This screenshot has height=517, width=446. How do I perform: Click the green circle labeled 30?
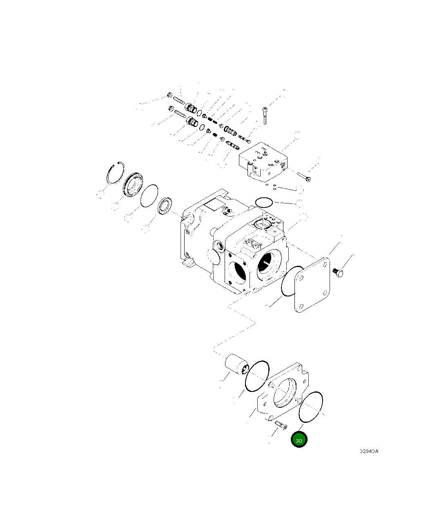[x=299, y=440]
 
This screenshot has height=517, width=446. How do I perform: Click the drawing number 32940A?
[x=369, y=451]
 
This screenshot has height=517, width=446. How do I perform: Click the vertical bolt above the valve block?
[x=265, y=115]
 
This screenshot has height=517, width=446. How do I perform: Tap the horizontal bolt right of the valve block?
[x=303, y=177]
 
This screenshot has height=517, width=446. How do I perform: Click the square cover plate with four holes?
[x=312, y=285]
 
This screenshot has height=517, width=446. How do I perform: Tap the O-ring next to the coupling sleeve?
[x=257, y=375]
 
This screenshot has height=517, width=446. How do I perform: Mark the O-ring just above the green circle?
[x=311, y=407]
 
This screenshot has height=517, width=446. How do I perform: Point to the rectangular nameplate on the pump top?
[x=215, y=204]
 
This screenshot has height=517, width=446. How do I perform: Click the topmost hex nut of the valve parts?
[x=169, y=96]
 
